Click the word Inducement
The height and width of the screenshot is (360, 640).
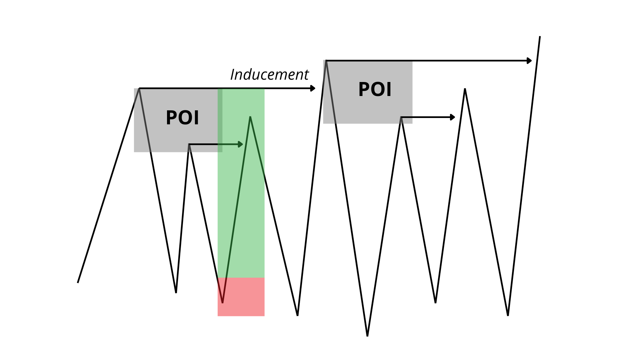coord(269,75)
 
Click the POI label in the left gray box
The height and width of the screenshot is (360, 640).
coord(182,118)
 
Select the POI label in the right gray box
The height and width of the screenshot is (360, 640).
coord(375,89)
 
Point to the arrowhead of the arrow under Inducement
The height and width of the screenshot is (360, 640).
coord(313,88)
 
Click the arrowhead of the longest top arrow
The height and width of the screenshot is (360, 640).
coord(529,61)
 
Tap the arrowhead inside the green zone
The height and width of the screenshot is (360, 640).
coord(240,144)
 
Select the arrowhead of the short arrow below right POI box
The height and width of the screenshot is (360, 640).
coord(453,117)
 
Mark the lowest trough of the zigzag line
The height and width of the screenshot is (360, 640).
coord(367,335)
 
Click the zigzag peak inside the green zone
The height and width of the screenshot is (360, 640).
coord(250,117)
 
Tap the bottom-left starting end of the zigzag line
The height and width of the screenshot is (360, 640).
coord(78,282)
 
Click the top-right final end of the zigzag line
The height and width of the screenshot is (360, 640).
coord(540,37)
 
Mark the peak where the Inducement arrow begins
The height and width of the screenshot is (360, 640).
coord(139,88)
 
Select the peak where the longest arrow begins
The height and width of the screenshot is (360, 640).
coord(326,61)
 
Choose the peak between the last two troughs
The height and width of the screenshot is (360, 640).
coord(465,89)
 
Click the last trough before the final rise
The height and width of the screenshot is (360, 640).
coord(508,315)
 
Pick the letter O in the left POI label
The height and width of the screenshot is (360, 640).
coord(183,118)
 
